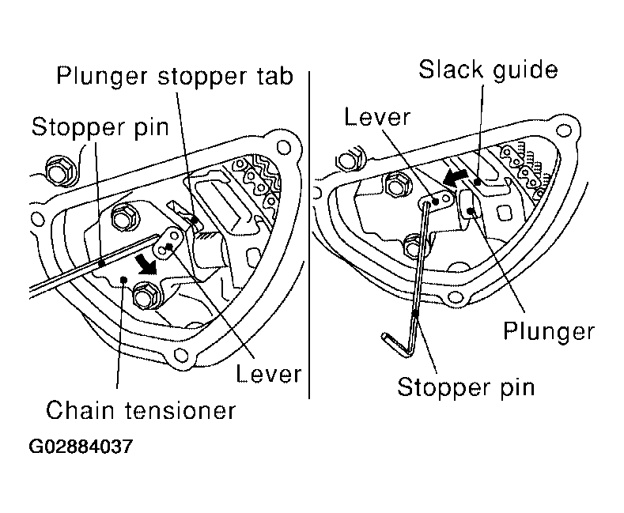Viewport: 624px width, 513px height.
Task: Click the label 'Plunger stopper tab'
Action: (175, 76)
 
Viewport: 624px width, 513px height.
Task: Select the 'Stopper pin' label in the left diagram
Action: (100, 128)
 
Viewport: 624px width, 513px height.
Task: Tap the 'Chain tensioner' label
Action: (141, 410)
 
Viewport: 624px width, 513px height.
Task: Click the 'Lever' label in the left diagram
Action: (269, 374)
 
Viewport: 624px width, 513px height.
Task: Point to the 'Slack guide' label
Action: (488, 71)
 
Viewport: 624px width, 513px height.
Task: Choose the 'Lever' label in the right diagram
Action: (377, 117)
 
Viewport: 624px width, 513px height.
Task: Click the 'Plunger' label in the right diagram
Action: (549, 332)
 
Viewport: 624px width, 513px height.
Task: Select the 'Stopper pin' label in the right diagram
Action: (466, 388)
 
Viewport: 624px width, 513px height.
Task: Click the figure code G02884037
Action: (81, 447)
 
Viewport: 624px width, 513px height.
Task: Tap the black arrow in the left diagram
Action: (145, 265)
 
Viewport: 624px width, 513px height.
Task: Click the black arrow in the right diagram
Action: (455, 177)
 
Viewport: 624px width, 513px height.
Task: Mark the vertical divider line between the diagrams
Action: (309, 235)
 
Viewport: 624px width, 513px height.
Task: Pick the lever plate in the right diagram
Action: (436, 200)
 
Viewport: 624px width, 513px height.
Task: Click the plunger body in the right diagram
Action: (471, 205)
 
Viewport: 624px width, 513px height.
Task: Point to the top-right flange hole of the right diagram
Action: (564, 130)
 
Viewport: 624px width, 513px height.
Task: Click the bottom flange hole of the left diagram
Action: (180, 355)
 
